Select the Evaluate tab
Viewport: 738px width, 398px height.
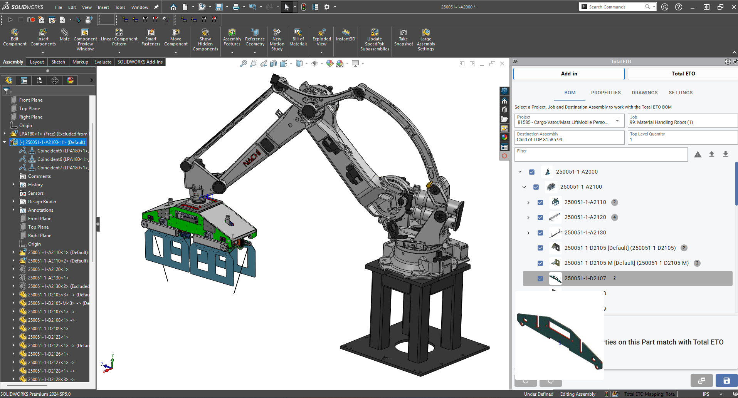[103, 62]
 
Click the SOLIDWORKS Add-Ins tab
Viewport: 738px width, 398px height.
[140, 62]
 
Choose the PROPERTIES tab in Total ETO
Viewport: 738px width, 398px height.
[605, 93]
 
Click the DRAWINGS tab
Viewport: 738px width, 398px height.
[644, 93]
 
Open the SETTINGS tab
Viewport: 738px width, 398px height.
[680, 93]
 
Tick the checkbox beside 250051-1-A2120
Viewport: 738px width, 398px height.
[540, 217]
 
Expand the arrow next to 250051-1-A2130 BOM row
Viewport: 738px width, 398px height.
[528, 233]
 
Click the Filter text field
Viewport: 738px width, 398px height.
[601, 155]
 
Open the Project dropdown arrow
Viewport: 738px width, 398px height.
[617, 121]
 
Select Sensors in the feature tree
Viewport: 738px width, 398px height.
[35, 193]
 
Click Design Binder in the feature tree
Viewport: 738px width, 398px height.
[42, 202]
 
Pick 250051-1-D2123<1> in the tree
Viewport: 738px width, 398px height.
[48, 337]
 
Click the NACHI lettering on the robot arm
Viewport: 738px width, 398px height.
[252, 158]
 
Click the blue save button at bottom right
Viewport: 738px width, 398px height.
[726, 381]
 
